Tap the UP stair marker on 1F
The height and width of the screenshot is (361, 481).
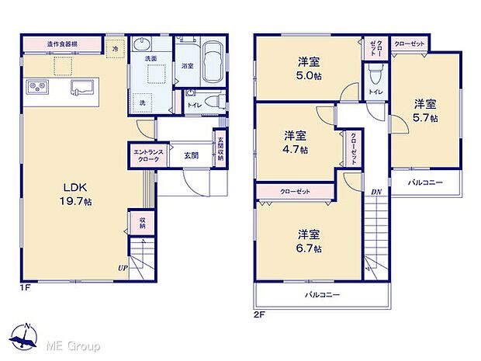123,268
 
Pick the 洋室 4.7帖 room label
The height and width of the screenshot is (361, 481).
294,141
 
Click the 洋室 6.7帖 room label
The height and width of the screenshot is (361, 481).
307,240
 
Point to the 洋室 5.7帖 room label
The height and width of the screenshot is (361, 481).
424,111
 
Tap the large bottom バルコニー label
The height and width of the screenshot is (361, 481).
321,295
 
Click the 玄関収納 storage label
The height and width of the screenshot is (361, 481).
220,148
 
